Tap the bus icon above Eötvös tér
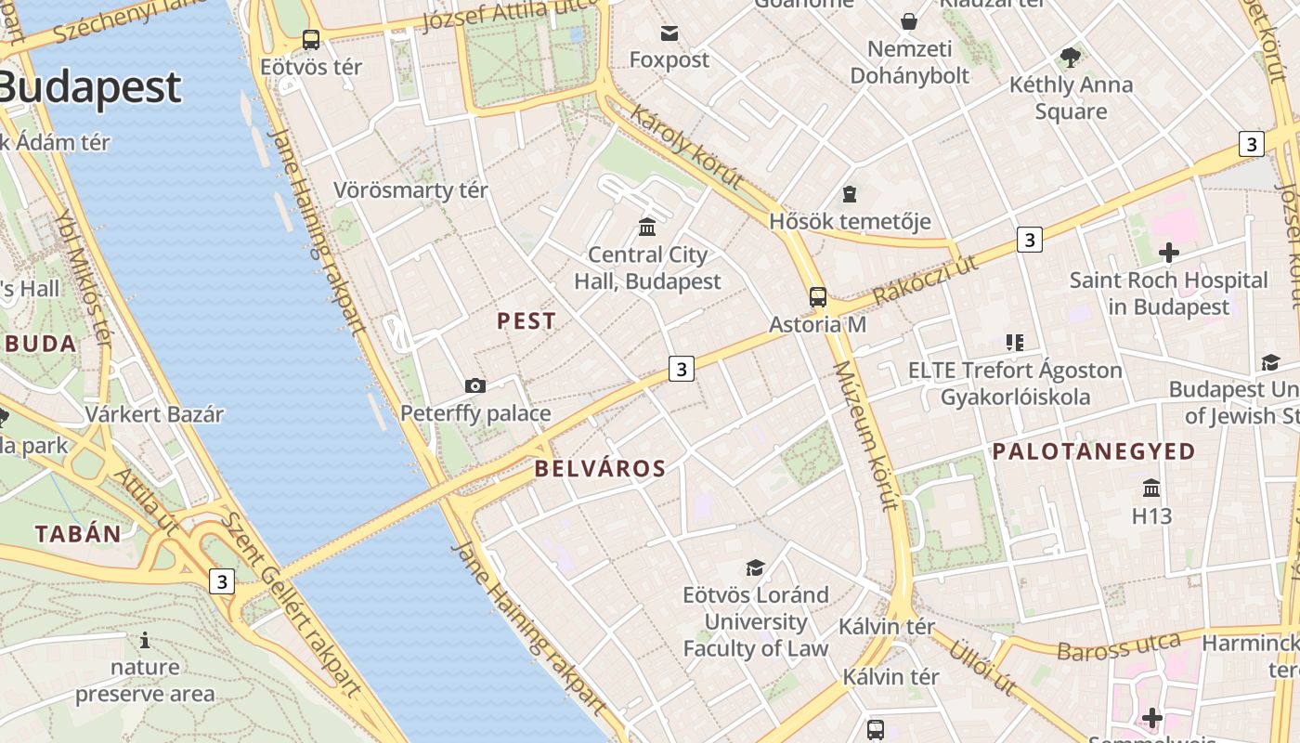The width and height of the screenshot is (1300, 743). (311, 40)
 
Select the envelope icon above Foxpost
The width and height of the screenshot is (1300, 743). (669, 33)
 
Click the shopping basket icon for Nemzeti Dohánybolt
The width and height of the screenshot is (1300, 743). (909, 20)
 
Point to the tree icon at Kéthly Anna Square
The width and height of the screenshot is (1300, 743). (1071, 58)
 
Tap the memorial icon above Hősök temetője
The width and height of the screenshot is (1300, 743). (849, 194)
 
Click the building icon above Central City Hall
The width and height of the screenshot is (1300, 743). (647, 227)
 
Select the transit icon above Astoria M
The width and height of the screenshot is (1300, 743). (817, 297)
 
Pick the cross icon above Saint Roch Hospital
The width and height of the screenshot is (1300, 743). (1168, 252)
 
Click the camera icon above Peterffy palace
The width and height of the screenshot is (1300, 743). (475, 385)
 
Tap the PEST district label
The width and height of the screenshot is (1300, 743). (526, 321)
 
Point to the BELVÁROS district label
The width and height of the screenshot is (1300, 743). (600, 469)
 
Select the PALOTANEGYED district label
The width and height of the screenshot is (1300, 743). (1094, 452)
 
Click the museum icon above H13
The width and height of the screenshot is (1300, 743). (1151, 488)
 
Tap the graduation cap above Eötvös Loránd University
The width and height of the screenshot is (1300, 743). (755, 567)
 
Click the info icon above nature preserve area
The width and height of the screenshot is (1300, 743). (145, 640)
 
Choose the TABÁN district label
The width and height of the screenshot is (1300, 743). (78, 534)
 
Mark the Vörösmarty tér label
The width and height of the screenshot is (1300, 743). (410, 190)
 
